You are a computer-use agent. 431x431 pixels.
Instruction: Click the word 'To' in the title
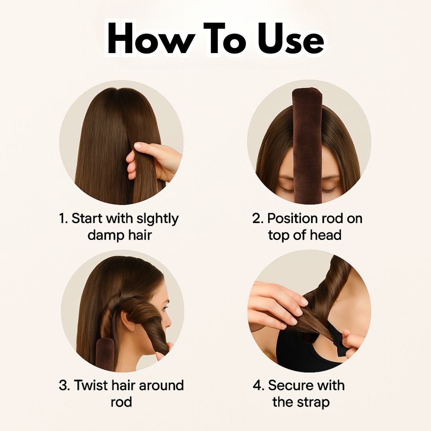(224, 38)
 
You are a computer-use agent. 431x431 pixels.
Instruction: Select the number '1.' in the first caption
(63, 219)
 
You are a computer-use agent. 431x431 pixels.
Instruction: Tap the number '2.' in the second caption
(258, 219)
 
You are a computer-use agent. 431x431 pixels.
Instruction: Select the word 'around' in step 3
(161, 386)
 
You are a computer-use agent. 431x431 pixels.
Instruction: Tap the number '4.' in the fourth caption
(259, 385)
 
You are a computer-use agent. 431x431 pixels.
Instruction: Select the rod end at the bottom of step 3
(105, 354)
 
